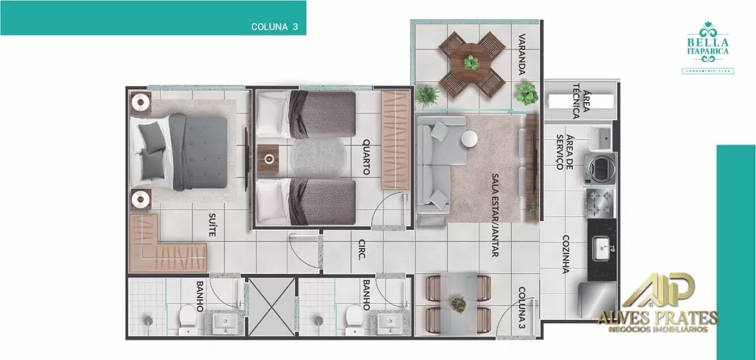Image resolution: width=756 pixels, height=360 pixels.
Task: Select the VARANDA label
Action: click(x=522, y=54)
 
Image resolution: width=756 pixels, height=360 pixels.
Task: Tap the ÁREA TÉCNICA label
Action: click(x=575, y=100)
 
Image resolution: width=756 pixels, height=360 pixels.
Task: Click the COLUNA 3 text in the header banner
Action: click(x=274, y=26)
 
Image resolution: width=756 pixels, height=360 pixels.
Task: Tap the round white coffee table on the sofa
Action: click(x=469, y=138)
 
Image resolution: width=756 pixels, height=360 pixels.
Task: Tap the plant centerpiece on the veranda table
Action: click(x=472, y=61)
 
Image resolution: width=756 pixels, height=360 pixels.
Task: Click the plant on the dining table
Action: click(x=458, y=304)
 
